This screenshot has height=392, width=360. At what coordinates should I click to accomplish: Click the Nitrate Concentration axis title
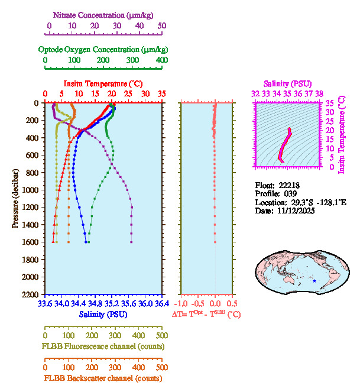(103, 14)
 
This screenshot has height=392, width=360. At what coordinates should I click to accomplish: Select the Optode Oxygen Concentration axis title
(103, 49)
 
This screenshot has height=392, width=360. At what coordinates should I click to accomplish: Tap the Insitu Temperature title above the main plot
(103, 84)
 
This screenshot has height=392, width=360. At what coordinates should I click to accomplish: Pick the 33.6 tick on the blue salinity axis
(45, 304)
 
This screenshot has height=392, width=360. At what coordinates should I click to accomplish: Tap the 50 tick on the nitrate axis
(162, 26)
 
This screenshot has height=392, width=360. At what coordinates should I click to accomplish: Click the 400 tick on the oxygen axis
(162, 60)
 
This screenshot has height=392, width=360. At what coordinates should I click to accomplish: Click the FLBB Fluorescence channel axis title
(103, 346)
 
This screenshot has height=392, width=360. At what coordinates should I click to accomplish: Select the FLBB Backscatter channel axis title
(103, 378)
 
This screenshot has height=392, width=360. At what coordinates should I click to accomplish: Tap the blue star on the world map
(314, 281)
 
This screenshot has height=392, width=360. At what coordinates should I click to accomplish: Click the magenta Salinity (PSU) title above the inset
(287, 84)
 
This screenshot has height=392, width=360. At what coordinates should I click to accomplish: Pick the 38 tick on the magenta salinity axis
(319, 93)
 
